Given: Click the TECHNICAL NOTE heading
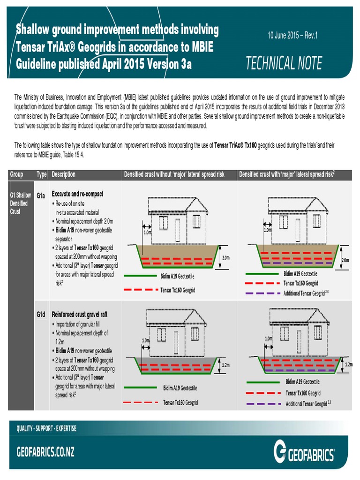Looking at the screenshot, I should pyautogui.click(x=284, y=63).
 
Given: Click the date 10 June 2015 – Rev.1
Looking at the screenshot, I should pyautogui.click(x=292, y=36).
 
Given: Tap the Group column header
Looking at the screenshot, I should pyautogui.click(x=16, y=174).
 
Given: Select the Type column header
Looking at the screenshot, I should pyautogui.click(x=42, y=174).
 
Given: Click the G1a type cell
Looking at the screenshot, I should pyautogui.click(x=41, y=195).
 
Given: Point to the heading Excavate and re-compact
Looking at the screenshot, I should pyautogui.click(x=77, y=194).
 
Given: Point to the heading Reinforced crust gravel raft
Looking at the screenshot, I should pyautogui.click(x=79, y=314).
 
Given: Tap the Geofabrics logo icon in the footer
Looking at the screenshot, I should pyautogui.click(x=281, y=453).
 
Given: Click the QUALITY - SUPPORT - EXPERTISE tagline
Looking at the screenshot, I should pyautogui.click(x=46, y=428).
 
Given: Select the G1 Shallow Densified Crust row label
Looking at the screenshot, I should pyautogui.click(x=21, y=203).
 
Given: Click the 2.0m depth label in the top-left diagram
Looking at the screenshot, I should pyautogui.click(x=225, y=257).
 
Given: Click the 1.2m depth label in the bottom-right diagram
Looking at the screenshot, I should pyautogui.click(x=349, y=364).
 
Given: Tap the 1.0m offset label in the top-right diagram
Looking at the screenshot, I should pyautogui.click(x=268, y=230).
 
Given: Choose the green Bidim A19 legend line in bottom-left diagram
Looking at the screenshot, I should pyautogui.click(x=140, y=388).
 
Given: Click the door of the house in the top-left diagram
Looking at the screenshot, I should pyautogui.click(x=178, y=230).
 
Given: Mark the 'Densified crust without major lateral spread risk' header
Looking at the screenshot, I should pyautogui.click(x=174, y=174).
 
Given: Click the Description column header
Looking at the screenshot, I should pyautogui.click(x=64, y=174).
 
